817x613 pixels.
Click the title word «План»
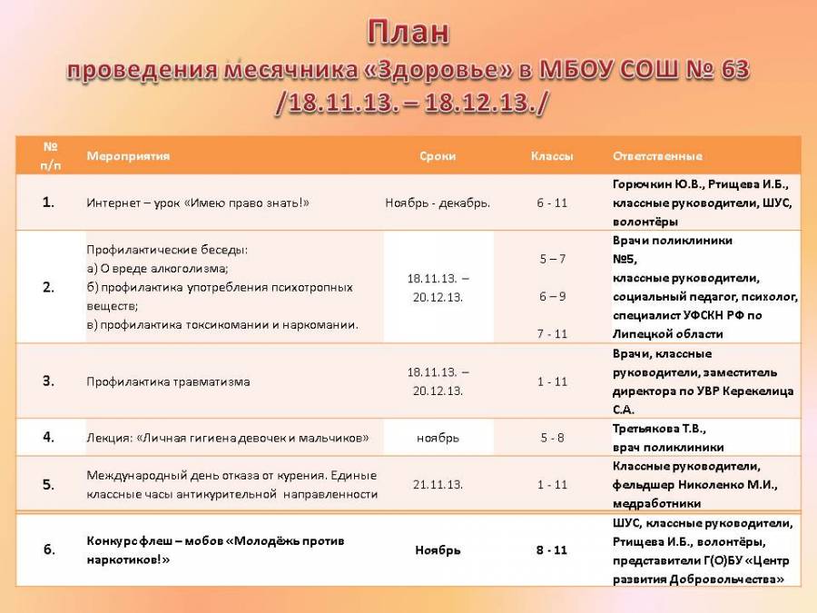click(x=408, y=33)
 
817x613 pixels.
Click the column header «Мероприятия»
click(x=128, y=156)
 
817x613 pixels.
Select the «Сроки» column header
click(x=438, y=156)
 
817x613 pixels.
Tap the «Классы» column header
click(x=552, y=156)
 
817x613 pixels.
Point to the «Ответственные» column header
click(x=657, y=156)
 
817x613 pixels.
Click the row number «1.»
click(x=48, y=203)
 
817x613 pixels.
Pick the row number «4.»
click(x=48, y=437)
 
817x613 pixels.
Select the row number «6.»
click(x=48, y=549)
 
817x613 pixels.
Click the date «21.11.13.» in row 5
click(x=438, y=484)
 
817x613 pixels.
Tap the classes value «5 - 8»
click(x=552, y=438)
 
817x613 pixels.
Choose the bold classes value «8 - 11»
click(x=552, y=550)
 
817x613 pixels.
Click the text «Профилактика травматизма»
click(x=168, y=381)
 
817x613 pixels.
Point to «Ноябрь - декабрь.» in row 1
click(x=438, y=203)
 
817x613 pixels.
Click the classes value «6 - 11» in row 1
click(x=552, y=203)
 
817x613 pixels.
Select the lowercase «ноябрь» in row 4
click(x=438, y=438)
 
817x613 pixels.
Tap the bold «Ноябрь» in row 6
click(x=438, y=550)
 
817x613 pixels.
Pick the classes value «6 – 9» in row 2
click(x=552, y=296)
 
